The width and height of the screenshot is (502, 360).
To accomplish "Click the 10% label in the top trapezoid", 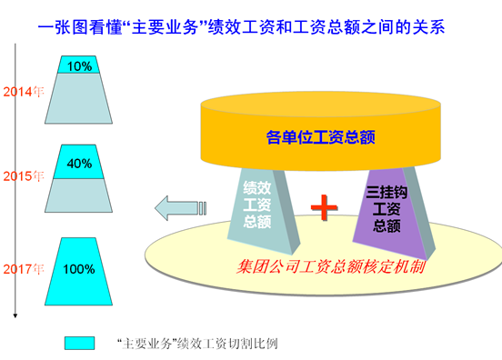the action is (x=79, y=66).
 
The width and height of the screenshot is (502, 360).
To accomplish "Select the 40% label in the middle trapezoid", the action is (x=79, y=164).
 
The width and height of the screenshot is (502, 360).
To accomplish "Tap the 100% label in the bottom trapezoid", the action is (x=79, y=269).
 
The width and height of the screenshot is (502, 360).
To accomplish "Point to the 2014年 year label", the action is (x=24, y=92).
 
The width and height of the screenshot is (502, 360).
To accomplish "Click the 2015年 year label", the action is (x=24, y=176).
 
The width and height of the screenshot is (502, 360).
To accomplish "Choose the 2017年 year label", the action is (x=24, y=269).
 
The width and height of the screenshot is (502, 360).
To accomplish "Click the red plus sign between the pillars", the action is (x=324, y=207).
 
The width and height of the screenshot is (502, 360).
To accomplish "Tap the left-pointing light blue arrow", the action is (x=180, y=208).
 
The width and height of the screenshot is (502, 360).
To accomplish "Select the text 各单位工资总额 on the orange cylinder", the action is (x=320, y=137).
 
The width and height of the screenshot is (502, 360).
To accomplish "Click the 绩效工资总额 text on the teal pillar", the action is (x=257, y=205).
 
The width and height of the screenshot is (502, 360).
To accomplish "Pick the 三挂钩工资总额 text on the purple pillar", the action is (x=387, y=209).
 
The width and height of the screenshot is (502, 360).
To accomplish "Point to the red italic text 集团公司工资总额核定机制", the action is (x=331, y=267).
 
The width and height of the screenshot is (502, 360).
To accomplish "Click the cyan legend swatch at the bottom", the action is (x=79, y=343).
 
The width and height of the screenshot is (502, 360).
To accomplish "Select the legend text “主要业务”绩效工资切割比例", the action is (x=197, y=344).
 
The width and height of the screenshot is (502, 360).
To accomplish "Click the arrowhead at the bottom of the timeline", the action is (x=15, y=315).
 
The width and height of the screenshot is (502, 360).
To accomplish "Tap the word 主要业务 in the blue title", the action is (x=165, y=27).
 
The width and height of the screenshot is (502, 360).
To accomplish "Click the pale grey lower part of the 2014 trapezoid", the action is (x=79, y=98).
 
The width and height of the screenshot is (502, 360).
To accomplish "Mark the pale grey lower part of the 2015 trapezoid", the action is (x=79, y=195).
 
